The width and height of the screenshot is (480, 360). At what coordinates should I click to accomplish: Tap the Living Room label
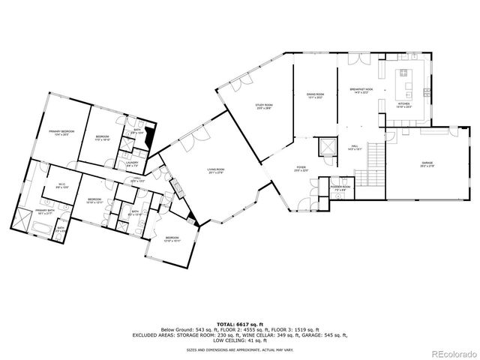coord(217,171)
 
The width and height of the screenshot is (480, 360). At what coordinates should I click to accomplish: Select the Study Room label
coord(264,106)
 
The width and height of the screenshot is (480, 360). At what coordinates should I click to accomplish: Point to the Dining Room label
coord(314,95)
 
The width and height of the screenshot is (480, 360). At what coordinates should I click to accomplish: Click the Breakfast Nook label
coord(361,91)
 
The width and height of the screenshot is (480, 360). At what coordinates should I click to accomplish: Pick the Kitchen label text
coord(405,106)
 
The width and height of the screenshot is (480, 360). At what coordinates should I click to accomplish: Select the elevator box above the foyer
coord(326,145)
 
